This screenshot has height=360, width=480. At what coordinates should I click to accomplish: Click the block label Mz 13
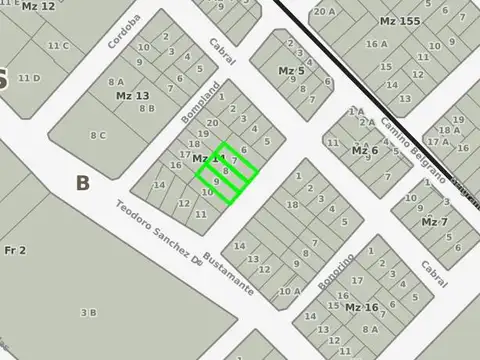point(132,96)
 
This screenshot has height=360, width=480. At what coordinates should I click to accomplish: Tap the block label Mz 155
point(400,21)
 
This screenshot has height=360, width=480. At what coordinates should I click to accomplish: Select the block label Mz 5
point(291,71)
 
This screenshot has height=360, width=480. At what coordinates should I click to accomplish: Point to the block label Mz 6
point(365,150)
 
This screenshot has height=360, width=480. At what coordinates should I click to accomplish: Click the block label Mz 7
point(434,221)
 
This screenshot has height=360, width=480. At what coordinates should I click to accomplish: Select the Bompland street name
point(198,104)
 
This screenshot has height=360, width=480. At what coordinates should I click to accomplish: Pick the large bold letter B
point(82,183)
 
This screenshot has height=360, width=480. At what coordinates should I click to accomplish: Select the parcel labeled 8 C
point(98,135)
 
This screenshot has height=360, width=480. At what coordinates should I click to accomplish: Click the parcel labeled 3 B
point(88,313)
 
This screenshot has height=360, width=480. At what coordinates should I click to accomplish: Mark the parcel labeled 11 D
point(29,78)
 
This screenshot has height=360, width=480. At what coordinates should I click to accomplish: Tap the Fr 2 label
point(15,250)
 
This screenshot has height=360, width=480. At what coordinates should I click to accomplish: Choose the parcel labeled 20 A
point(323,11)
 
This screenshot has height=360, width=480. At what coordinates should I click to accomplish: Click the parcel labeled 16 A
point(376,44)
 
